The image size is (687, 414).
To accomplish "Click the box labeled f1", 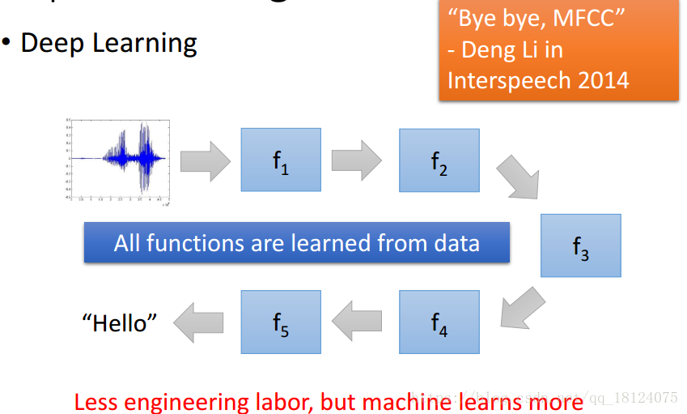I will [x=281, y=160].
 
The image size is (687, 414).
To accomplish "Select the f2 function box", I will [x=439, y=160].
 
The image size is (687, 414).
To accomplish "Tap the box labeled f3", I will [x=580, y=245].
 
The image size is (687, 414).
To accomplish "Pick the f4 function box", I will [x=439, y=322].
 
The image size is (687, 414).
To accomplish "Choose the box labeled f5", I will [x=281, y=322].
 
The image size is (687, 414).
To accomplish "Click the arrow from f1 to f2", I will [x=356, y=157].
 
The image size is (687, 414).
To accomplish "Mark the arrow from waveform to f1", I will [x=206, y=157].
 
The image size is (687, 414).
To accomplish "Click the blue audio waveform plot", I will [x=117, y=159].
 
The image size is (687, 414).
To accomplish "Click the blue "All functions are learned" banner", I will [x=296, y=242].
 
